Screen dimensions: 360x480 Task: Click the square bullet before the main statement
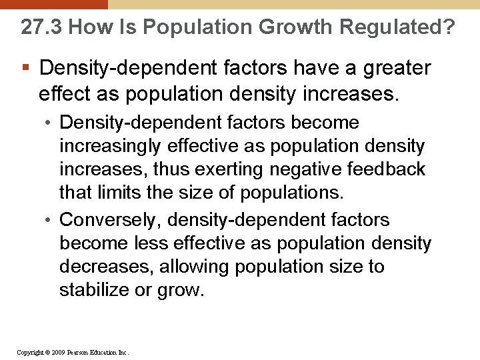25,68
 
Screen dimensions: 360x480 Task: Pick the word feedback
385,170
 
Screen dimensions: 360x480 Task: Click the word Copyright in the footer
29,352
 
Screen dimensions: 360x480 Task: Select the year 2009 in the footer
58,352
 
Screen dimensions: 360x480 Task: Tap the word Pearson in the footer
79,352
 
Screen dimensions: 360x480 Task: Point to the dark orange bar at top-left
53,4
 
